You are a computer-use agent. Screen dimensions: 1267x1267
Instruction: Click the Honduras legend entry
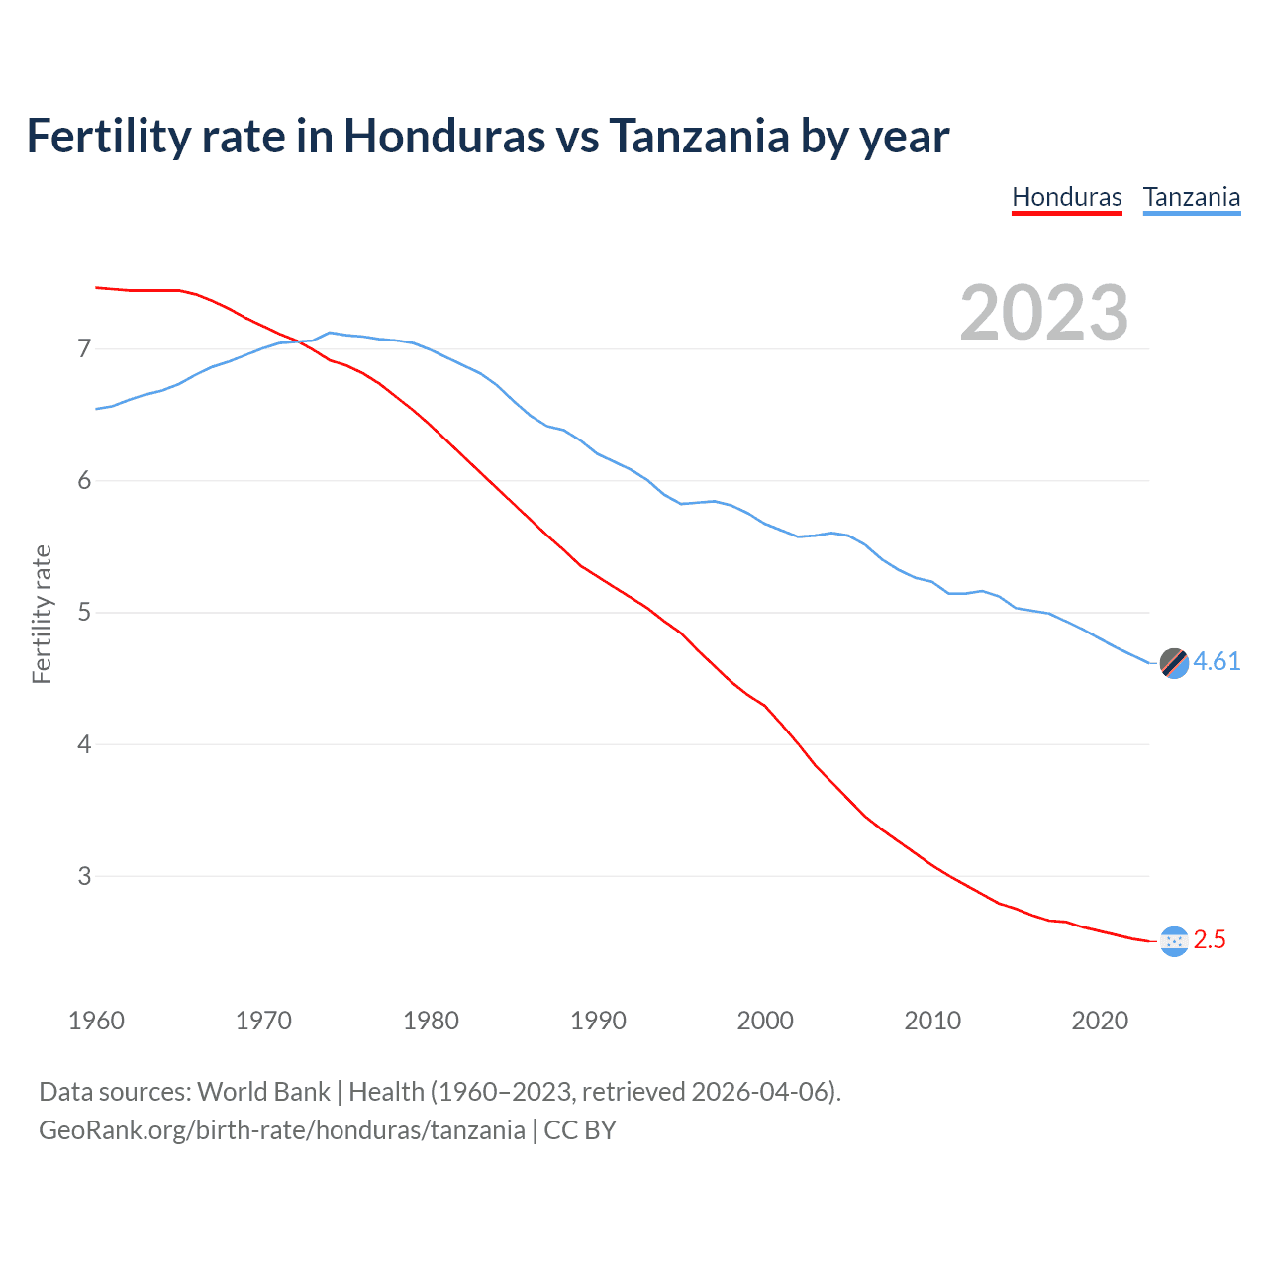click(1066, 197)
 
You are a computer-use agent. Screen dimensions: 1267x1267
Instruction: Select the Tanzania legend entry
click(1191, 197)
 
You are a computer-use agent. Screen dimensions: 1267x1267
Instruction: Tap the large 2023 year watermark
click(1043, 313)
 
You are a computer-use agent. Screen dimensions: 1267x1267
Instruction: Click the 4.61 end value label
click(1217, 661)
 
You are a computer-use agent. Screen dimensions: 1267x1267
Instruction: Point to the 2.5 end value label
click(1210, 940)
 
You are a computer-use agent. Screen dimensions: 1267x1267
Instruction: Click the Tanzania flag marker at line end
click(1174, 663)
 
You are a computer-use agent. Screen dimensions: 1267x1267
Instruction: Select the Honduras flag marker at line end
click(1174, 941)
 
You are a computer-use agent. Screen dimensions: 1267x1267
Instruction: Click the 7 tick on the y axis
click(84, 348)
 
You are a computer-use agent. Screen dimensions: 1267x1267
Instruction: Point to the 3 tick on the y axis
click(84, 876)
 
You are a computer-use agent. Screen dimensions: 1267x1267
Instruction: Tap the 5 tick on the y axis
click(84, 613)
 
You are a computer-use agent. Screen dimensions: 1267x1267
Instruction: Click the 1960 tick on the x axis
click(96, 1021)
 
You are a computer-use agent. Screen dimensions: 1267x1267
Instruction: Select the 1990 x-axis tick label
click(598, 1021)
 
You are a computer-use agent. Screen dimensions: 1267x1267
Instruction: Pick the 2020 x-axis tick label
click(1100, 1021)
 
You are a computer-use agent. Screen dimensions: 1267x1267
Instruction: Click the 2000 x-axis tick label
click(765, 1021)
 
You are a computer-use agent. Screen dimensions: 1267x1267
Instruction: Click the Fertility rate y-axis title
click(42, 614)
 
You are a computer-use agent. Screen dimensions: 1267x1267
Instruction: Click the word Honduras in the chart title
click(443, 137)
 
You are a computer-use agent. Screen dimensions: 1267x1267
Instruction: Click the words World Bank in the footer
click(263, 1092)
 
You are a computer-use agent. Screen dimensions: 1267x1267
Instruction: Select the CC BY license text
click(580, 1130)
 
